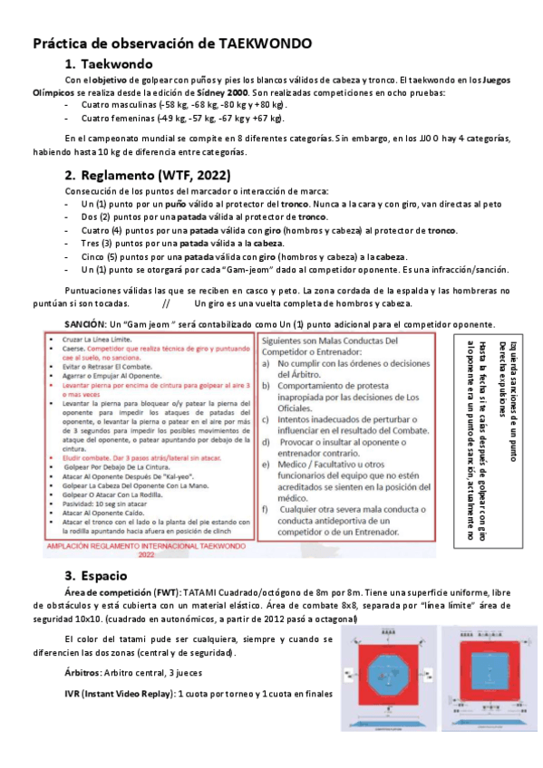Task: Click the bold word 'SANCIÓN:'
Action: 84,323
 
